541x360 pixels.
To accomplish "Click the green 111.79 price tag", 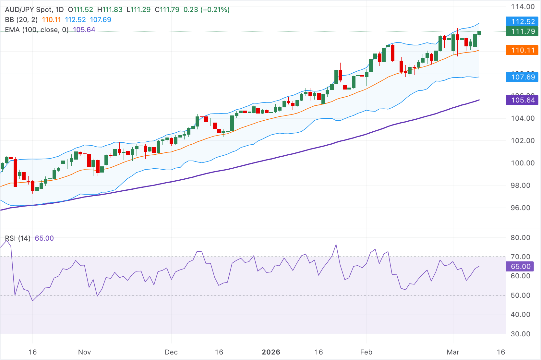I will click(522, 31).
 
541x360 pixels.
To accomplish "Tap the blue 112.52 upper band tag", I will click(522, 22).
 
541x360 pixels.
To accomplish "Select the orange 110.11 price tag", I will click(522, 50).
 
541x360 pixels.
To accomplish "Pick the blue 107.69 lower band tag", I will click(522, 77).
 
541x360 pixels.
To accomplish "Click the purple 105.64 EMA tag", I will click(522, 100).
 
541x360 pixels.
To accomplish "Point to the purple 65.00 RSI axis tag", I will click(520, 267).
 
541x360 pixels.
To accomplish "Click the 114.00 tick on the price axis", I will click(523, 7).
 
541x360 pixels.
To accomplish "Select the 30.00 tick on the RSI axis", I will click(520, 334).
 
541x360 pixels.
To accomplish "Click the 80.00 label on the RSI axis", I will click(520, 238).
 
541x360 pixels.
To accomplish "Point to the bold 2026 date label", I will click(271, 352).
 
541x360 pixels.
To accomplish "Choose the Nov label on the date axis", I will click(84, 352).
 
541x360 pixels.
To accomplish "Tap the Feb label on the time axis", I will click(366, 352).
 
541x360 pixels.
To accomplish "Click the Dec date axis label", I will click(171, 352).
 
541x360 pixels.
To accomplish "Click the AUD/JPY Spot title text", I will click(30, 10).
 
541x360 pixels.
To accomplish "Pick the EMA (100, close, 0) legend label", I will click(37, 30).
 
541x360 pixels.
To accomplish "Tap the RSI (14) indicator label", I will click(18, 238).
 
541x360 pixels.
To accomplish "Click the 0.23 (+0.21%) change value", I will click(206, 10).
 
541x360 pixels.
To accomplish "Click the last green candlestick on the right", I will click(479, 33).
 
